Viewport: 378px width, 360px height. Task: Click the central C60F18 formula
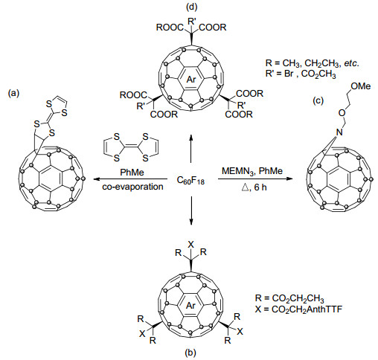pyautogui.click(x=190, y=180)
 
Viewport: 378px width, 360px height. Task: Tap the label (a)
pyautogui.click(x=13, y=93)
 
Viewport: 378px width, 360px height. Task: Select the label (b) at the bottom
pyautogui.click(x=190, y=352)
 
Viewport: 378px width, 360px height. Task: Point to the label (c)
pyautogui.click(x=318, y=100)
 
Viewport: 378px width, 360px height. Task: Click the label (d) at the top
pyautogui.click(x=191, y=7)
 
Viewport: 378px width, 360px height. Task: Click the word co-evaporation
pyautogui.click(x=132, y=187)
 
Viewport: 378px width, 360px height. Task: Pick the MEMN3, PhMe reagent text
pyautogui.click(x=252, y=171)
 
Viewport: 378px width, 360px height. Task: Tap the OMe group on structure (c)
pyautogui.click(x=361, y=86)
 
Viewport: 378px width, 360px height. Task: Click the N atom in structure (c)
pyautogui.click(x=339, y=132)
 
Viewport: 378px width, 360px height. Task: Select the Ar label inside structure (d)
pyautogui.click(x=191, y=80)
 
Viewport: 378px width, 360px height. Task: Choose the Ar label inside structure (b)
pyautogui.click(x=190, y=306)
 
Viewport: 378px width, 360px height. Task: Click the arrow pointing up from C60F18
pyautogui.click(x=191, y=148)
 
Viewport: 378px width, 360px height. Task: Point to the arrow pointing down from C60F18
pyautogui.click(x=191, y=210)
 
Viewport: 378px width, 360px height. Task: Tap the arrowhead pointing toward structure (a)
pyautogui.click(x=97, y=179)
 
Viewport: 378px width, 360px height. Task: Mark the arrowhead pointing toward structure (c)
pyautogui.click(x=289, y=179)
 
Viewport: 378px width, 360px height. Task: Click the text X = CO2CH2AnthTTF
pyautogui.click(x=298, y=309)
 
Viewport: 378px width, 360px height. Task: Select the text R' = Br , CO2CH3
pyautogui.click(x=301, y=74)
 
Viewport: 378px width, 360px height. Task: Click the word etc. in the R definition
pyautogui.click(x=351, y=63)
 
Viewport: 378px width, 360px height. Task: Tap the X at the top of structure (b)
pyautogui.click(x=190, y=245)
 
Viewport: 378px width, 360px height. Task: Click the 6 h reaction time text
pyautogui.click(x=260, y=187)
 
